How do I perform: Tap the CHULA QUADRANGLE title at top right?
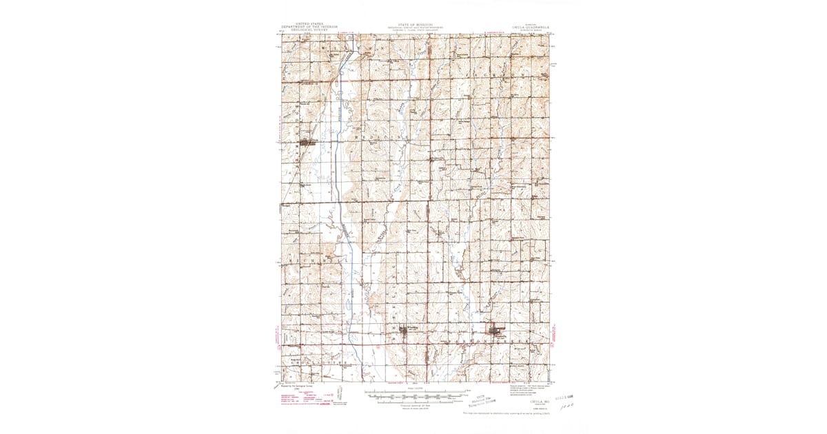(x=530, y=28)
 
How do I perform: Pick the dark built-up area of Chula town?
(x=304, y=143)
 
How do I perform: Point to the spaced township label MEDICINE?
(x=376, y=137)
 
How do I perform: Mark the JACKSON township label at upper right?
(x=503, y=72)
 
